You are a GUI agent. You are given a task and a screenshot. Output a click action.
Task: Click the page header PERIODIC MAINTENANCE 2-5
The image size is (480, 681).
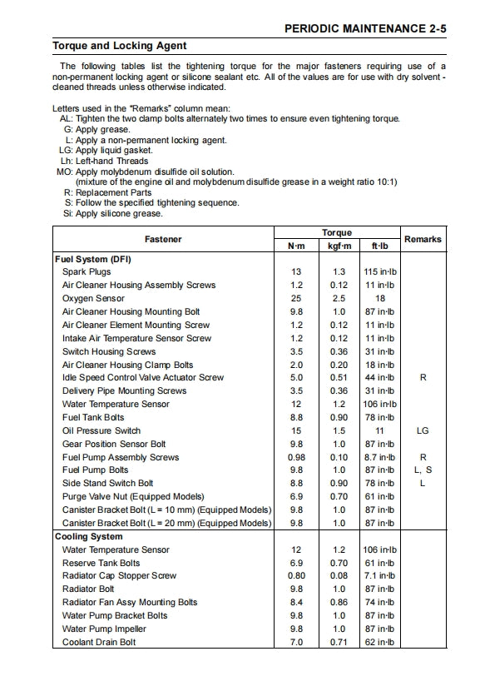pos(365,27)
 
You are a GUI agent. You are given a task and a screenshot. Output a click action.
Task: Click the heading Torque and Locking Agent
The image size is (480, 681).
pos(120,46)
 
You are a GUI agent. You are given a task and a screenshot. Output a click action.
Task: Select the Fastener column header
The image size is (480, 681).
pos(163,239)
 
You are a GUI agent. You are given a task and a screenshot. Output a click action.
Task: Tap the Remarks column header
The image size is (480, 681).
pos(423,239)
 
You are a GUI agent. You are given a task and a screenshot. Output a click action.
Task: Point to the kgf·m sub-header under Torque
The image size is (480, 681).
pos(339,246)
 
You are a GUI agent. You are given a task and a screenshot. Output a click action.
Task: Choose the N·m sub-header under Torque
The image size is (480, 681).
pos(296,246)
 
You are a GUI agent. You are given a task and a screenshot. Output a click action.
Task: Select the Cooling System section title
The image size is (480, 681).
pos(89,537)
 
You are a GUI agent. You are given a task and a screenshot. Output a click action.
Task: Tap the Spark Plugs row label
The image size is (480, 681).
pos(87,272)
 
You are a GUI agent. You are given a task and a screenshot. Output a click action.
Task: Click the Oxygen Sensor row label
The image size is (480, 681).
pos(93,298)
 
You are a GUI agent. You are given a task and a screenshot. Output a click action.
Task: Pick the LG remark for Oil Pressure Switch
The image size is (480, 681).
pos(423,431)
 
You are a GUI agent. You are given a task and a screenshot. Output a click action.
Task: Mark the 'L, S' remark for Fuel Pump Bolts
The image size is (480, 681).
pos(423,470)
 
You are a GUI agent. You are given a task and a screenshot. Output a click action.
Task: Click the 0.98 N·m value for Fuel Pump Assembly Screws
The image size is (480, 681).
pos(296,457)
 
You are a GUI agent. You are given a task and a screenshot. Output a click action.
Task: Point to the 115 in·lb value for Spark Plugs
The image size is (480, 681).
pos(380,272)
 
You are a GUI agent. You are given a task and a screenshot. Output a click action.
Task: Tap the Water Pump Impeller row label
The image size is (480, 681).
pos(104,629)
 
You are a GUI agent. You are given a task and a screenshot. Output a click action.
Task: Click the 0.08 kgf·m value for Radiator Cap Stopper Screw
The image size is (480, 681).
pos(339,576)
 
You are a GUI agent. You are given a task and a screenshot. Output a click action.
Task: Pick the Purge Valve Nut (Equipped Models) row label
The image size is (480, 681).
pos(133,497)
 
